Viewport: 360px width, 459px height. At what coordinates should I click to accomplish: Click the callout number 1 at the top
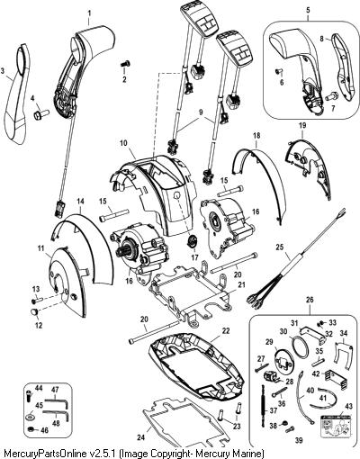click(89, 13)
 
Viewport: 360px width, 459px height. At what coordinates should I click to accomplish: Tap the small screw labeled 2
click(126, 64)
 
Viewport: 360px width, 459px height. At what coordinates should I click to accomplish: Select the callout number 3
click(3, 71)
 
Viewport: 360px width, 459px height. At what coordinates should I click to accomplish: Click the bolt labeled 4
click(40, 114)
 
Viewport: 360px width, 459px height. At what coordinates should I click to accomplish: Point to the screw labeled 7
click(332, 96)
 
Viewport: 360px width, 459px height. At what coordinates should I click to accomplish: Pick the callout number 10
click(123, 143)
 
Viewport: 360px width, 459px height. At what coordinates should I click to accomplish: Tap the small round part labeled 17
click(192, 241)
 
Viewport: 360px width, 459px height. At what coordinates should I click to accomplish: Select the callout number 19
click(302, 126)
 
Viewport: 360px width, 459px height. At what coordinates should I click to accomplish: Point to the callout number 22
click(226, 331)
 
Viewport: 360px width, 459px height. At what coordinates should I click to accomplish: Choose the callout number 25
click(280, 247)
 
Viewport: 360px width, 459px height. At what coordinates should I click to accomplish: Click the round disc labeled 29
click(283, 358)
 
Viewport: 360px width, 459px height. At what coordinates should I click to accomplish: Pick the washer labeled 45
click(31, 418)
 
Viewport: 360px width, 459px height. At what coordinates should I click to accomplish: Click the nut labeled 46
click(31, 430)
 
